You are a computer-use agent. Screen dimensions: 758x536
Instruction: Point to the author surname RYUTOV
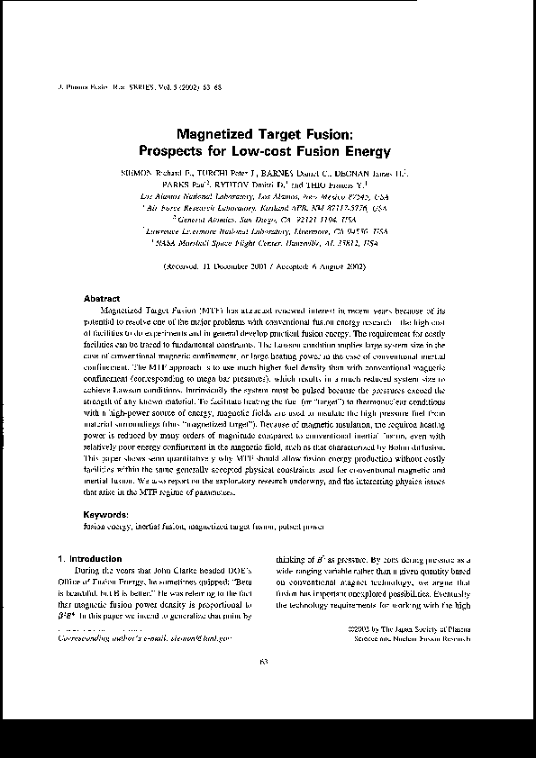coord(235,183)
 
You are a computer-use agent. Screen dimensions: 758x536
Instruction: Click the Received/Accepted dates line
coord(264,268)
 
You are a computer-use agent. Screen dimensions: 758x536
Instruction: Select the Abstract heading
coord(101,297)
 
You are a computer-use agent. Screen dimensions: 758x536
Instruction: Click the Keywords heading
coord(105,513)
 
